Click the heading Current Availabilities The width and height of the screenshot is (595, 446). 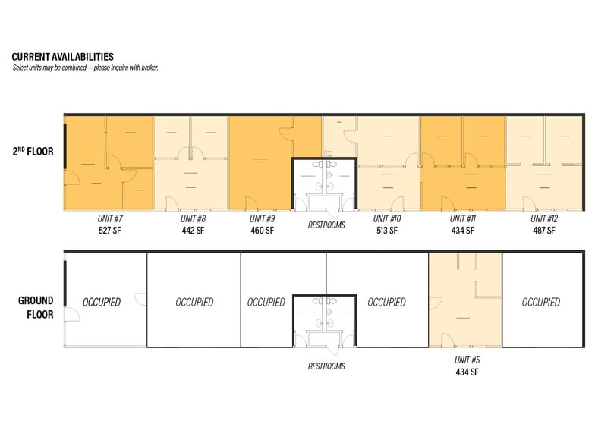pos(62,57)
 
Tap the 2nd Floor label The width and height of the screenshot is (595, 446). pos(32,151)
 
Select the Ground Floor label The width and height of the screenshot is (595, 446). pos(36,307)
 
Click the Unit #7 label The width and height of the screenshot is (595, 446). pos(110,218)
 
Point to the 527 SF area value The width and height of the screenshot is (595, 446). pos(110,230)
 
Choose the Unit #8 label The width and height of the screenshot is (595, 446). pos(193,218)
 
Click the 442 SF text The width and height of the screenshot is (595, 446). pos(193,230)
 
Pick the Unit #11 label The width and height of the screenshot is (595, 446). pos(462,218)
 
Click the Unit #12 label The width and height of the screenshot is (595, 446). pos(543,218)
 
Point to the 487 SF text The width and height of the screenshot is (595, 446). pos(543,230)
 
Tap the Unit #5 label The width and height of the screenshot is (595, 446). pos(465,360)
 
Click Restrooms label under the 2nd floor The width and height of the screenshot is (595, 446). pos(326,225)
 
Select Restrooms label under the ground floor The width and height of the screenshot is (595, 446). pos(326,366)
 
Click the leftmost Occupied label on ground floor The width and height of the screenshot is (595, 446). pos(101,302)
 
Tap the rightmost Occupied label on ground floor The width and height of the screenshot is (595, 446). pos(541,302)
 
